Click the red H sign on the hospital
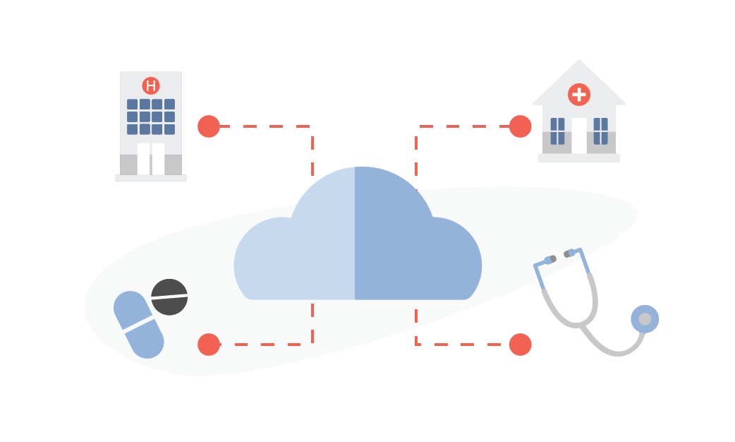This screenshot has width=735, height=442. pos(150,86)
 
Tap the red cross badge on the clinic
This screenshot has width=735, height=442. pos(578,94)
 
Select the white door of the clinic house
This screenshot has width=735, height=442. pos(579,136)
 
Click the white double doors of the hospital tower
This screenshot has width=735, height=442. pos(151,159)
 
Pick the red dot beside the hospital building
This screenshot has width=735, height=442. pos(209,126)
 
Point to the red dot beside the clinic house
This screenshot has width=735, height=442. pos(520,126)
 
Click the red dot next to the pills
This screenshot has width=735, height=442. pos(209,345)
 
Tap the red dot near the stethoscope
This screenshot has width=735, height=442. pos(520,345)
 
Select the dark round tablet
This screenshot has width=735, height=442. pos(169,297)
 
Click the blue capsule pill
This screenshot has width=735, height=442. pos(139,325)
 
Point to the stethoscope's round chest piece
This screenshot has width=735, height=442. pos(645,319)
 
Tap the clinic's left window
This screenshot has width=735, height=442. pos(557,131)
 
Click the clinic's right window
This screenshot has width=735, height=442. pos(601,131)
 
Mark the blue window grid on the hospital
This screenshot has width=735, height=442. pos(151,117)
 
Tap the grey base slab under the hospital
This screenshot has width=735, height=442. pos(151,178)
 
